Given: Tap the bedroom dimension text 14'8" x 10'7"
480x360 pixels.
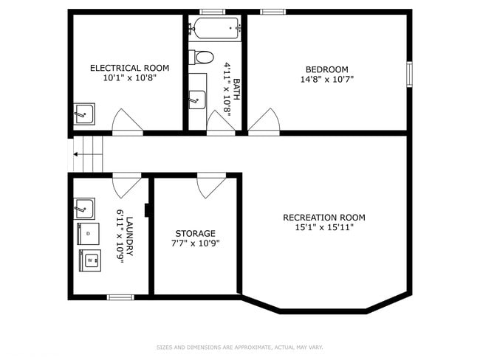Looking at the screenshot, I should point(326,80).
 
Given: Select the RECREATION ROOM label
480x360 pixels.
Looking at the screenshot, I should point(323,217).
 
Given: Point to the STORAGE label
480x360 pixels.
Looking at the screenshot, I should point(195,233).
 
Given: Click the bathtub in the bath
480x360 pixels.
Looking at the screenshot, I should point(216,29).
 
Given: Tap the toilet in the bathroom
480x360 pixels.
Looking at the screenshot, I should point(201,57).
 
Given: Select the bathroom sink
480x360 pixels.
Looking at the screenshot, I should point(196,99).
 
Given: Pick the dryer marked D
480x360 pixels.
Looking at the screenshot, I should point(88,234).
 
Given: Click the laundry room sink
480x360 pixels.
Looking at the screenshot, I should point(84,208).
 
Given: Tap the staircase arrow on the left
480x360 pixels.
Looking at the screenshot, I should point(76,155).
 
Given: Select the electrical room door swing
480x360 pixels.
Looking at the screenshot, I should point(126,122).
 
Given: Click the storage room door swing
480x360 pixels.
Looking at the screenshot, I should point(210,184).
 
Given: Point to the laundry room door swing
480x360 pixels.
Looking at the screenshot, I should point(126,184).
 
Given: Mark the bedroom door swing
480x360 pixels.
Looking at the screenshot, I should point(264,122).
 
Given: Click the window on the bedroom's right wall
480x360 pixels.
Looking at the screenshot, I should point(409,75).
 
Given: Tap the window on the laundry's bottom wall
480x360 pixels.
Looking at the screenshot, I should point(120,297).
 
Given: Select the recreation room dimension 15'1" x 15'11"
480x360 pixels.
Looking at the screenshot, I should point(323,227).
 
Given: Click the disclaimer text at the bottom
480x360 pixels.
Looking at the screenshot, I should point(239,347).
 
